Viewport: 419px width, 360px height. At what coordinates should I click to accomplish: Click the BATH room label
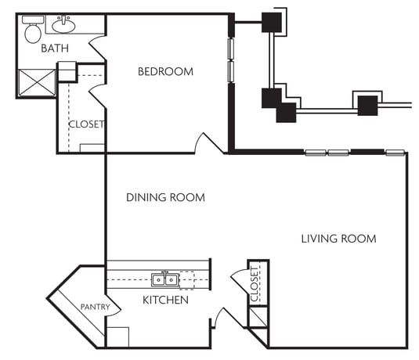click(x=55, y=49)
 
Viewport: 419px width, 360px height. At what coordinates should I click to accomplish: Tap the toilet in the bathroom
click(x=33, y=30)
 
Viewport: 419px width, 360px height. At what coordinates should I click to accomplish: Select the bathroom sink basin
click(x=63, y=26)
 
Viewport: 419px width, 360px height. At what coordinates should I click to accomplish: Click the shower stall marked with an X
click(x=37, y=82)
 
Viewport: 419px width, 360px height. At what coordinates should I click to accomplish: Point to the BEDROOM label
click(x=165, y=71)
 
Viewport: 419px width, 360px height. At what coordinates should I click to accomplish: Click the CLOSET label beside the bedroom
click(x=86, y=124)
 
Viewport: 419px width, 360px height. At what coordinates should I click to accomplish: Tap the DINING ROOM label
click(x=166, y=198)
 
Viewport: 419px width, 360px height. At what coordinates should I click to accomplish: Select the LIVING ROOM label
click(x=339, y=239)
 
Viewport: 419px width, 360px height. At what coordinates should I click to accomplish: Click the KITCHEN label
click(x=166, y=301)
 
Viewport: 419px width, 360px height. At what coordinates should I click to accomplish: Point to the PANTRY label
click(x=96, y=307)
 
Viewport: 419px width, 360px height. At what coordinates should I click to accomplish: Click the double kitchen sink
click(x=164, y=279)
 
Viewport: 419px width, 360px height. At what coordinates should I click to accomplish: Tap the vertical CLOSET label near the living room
click(x=255, y=284)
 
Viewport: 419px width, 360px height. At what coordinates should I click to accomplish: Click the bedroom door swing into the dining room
click(x=208, y=143)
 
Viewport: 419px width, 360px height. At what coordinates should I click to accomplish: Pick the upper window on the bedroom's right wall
click(x=231, y=49)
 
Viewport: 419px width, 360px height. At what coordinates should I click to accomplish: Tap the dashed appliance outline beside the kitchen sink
click(x=186, y=280)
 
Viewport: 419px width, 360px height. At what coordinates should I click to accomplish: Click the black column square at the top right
click(x=272, y=23)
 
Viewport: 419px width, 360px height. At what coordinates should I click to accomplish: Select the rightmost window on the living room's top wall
click(x=395, y=153)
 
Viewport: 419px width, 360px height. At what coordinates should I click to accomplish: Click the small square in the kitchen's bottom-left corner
click(x=117, y=337)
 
